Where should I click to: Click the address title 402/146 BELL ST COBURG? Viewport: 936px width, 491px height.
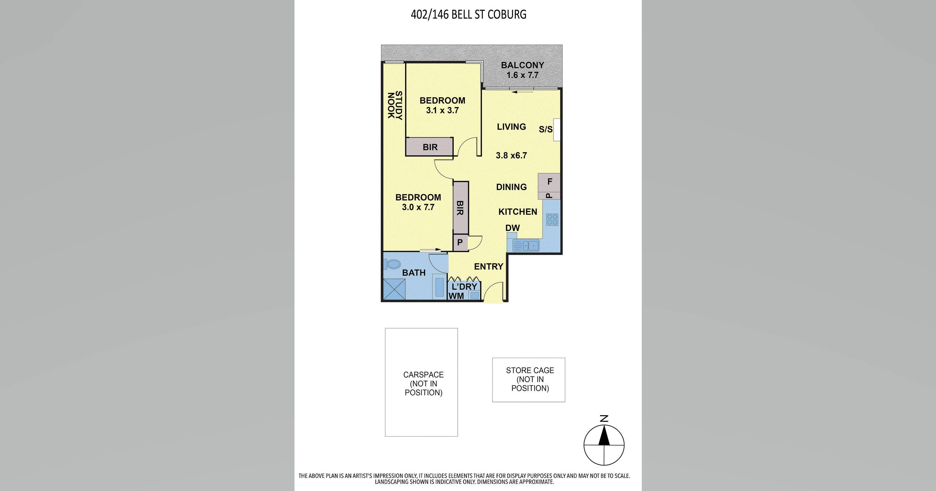click(468, 14)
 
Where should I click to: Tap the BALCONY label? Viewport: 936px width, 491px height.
click(522, 65)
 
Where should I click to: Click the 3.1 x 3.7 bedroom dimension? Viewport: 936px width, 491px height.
click(442, 110)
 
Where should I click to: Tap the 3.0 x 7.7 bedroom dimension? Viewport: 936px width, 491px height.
click(418, 207)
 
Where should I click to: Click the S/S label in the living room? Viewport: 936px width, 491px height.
click(545, 130)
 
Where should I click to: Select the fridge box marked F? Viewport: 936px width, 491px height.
click(549, 181)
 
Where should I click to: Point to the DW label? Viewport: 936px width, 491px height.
click(512, 228)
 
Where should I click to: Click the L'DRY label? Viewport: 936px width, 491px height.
click(464, 286)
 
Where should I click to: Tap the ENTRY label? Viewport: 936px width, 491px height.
click(488, 266)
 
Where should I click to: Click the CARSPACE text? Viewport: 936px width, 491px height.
click(423, 375)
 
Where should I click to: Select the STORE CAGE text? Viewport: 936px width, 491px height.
click(530, 370)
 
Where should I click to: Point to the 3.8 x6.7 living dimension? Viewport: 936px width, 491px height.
click(511, 156)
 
